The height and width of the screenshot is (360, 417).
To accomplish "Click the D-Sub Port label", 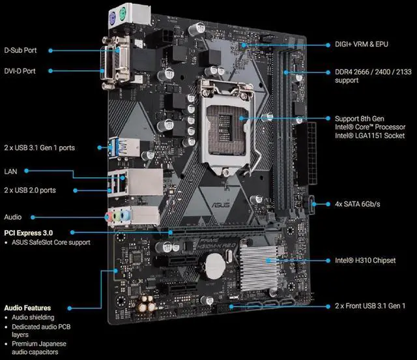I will tap(22, 50).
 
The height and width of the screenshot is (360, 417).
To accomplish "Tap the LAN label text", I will tap(10, 171).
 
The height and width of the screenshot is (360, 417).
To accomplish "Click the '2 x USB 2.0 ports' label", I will tap(31, 190).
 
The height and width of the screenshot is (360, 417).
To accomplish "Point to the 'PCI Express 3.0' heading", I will tap(28, 232).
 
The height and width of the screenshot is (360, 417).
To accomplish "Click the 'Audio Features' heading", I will tap(27, 307).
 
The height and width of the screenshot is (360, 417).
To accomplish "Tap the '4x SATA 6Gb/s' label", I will tap(359, 203).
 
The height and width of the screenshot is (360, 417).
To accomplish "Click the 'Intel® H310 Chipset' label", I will tap(366, 260).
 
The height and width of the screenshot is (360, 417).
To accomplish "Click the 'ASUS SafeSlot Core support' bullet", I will tap(51, 243).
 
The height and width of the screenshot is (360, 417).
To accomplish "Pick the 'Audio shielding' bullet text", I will tap(33, 318).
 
